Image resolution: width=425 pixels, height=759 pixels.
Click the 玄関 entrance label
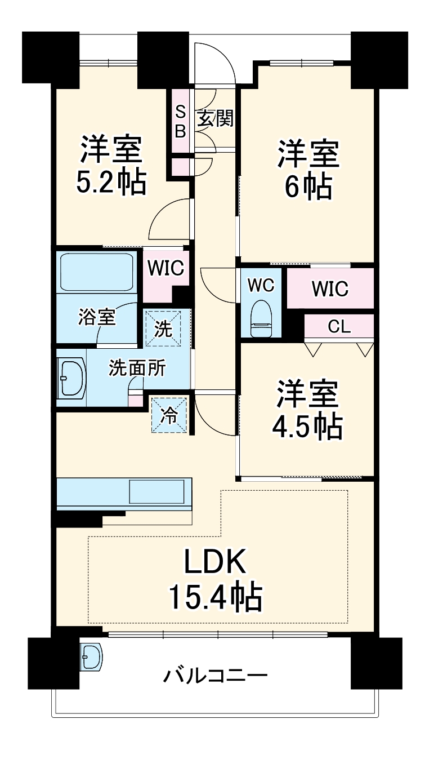coord(215,119)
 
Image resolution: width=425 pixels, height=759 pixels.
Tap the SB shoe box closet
coord(181,121)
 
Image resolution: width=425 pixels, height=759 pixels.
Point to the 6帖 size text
coord(307,187)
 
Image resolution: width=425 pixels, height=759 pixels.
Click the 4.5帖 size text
coord(307,428)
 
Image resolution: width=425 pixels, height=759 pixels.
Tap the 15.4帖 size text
coord(216,598)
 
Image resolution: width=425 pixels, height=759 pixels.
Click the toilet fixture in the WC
coord(261,318)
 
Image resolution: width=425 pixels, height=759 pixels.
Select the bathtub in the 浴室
coord(96,272)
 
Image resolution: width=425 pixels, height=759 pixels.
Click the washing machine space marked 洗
coord(163,329)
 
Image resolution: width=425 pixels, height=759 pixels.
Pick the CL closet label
coord(339,327)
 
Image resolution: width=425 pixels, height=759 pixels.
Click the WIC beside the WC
coord(330,289)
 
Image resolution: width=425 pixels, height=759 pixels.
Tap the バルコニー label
coord(216,674)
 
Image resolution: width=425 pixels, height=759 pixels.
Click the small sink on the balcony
coord(91,657)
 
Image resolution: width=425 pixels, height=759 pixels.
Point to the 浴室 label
coord(96,318)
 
